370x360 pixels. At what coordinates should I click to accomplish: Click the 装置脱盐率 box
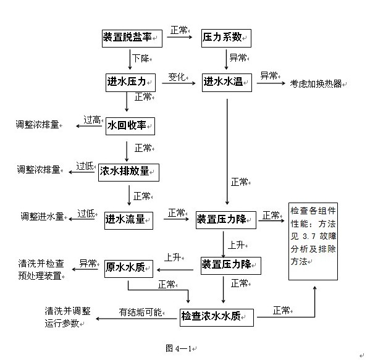tap(132, 38)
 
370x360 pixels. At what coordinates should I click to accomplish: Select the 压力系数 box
tap(226, 38)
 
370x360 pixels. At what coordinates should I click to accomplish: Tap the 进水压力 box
tap(130, 83)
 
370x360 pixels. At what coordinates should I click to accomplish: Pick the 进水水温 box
tap(227, 83)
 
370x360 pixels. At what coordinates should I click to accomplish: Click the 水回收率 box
tap(130, 126)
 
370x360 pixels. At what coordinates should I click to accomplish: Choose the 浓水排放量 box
tap(128, 172)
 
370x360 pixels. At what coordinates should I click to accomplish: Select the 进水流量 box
tap(128, 220)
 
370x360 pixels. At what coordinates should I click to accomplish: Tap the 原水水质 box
tap(128, 269)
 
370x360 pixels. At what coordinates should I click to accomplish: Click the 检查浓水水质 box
tap(217, 317)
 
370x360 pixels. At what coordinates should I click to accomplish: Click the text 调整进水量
tap(42, 216)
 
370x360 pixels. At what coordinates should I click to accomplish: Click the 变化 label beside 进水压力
tap(177, 77)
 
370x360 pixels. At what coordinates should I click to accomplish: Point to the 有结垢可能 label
tap(140, 312)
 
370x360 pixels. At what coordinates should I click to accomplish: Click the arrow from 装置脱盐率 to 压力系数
tap(180, 37)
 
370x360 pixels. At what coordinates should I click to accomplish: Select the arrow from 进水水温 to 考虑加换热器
tap(271, 83)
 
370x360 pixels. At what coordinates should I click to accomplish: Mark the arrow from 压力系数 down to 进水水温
tap(226, 60)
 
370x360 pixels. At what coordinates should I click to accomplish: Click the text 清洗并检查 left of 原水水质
tap(41, 264)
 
